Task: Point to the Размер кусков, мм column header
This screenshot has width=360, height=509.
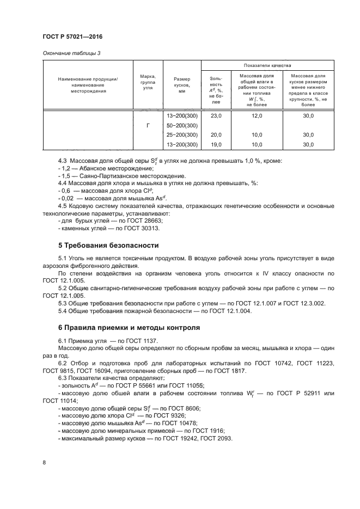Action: pos(182,85)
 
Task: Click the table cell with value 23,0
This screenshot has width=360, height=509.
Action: pos(216,116)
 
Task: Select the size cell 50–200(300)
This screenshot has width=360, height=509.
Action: pos(182,125)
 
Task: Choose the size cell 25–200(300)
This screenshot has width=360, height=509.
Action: pos(182,134)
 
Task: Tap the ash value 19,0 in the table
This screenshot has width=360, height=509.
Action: pos(216,144)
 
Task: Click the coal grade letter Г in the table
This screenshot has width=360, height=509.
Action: pos(148,125)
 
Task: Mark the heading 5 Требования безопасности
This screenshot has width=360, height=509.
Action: pos(108,245)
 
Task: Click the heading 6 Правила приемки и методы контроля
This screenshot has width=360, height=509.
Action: pos(129,328)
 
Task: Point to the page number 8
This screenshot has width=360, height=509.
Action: pos(44,462)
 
